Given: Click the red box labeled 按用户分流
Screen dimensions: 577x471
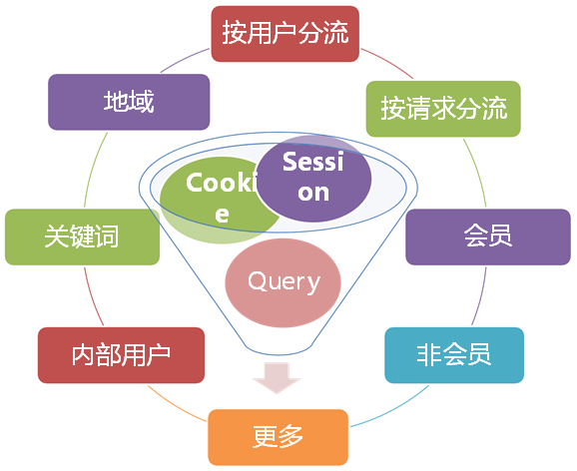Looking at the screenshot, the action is pos(285,34).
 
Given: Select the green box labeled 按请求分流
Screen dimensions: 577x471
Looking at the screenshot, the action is pos(443,109).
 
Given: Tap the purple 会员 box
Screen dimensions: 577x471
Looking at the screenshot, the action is pos(488,236).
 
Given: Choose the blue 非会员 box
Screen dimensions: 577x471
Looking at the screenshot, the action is pos(454,355).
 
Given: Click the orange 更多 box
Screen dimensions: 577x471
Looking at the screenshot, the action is pos(278,437).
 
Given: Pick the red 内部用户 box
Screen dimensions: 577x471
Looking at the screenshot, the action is pos(121,355).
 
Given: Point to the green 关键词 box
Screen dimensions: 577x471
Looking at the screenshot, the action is pos(82,236).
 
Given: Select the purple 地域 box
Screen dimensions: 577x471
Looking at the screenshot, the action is pos(129,102).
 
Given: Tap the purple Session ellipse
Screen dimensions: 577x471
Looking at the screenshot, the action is pos(313,178).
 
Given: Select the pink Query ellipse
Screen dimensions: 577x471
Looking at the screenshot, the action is pos(283,282).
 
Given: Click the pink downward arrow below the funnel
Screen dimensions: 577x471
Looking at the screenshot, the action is pos(277,377).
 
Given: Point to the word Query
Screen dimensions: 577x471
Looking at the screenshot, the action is pos(284,281).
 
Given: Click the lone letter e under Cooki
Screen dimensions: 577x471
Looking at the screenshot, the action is pos(222,215).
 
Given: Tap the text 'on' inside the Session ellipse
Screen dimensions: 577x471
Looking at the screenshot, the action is pos(313,193).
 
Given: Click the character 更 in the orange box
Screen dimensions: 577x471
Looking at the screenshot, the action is pos(265,437).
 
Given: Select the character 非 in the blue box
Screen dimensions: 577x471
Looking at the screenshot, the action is pos(429,354).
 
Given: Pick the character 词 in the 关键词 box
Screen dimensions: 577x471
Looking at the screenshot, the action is pos(107,236).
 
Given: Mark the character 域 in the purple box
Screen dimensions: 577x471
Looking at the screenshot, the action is pos(142,101).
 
